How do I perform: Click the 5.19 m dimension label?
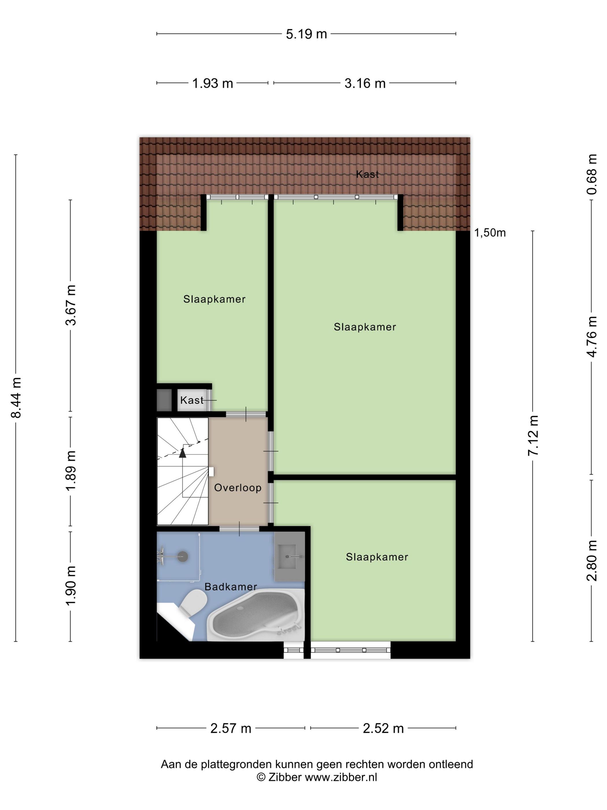(x=306, y=34)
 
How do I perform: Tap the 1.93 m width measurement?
(x=212, y=84)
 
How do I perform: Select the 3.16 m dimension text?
(x=365, y=84)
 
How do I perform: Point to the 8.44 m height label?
(x=16, y=397)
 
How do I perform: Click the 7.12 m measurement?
(x=533, y=436)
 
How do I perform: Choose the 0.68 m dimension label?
(x=592, y=174)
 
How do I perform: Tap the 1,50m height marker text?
(x=490, y=233)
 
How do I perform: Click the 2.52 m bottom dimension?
(x=383, y=728)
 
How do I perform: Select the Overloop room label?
(x=238, y=488)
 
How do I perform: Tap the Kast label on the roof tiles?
(x=367, y=174)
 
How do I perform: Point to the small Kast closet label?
(x=192, y=400)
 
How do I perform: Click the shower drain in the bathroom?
(x=183, y=557)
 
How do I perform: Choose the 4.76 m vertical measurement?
(x=592, y=336)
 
